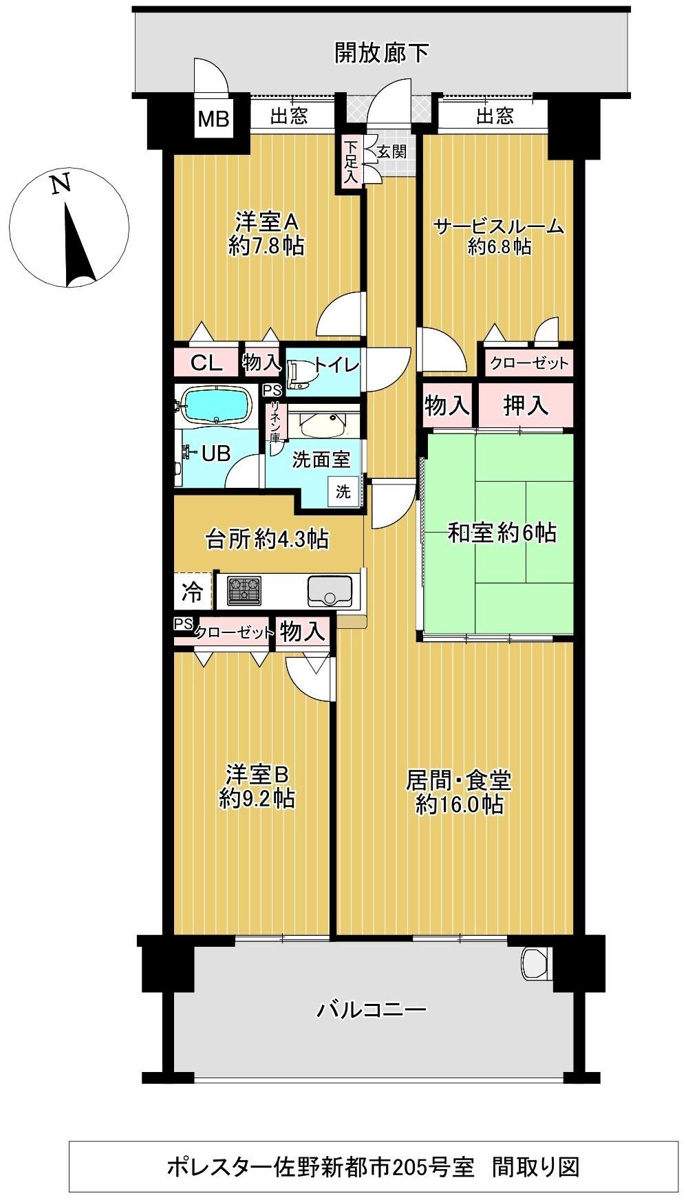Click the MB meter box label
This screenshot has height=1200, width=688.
[x=213, y=119]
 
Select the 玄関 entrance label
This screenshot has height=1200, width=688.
[x=391, y=152]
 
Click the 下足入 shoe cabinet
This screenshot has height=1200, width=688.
[x=351, y=162]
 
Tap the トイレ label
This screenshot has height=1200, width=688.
[x=336, y=365]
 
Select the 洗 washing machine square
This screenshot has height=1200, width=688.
[x=343, y=491]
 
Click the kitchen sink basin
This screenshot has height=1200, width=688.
[x=330, y=590]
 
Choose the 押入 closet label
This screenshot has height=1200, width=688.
[x=526, y=406]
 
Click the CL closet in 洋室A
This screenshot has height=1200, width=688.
[x=206, y=363]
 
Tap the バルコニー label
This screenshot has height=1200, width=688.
[x=372, y=1010]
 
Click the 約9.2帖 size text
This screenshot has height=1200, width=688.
[x=258, y=799]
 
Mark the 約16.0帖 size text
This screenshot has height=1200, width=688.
[x=459, y=804]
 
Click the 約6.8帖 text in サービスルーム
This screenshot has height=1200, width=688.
[x=499, y=246]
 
